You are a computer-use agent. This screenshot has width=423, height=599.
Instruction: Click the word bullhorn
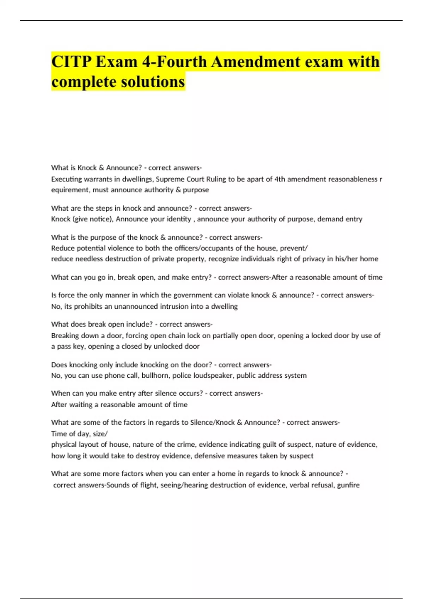[155, 376]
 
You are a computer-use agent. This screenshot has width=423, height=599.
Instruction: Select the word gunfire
[348, 485]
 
